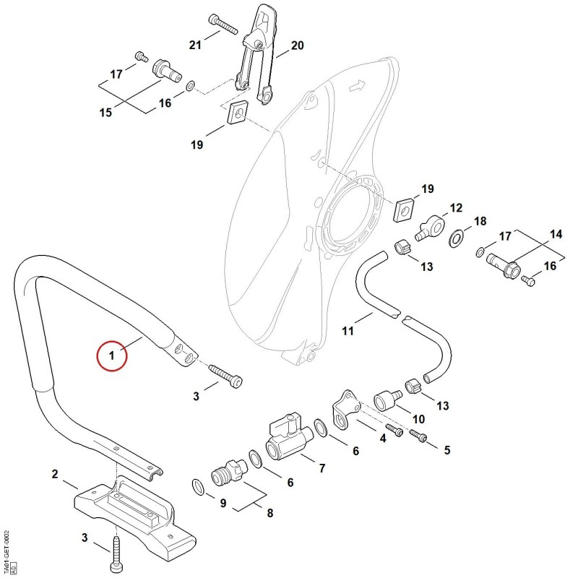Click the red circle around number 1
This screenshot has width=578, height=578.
click(97, 355)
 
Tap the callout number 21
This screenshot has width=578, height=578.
click(195, 45)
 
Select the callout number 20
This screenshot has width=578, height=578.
click(298, 46)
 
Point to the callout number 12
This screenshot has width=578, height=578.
click(456, 208)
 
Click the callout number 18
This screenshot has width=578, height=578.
click(480, 221)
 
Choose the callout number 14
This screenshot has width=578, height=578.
click(556, 234)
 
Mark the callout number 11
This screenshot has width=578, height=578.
click(348, 331)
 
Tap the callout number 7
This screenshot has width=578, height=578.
click(322, 468)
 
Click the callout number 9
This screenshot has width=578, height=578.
click(223, 503)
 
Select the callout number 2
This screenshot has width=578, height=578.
click(55, 474)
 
